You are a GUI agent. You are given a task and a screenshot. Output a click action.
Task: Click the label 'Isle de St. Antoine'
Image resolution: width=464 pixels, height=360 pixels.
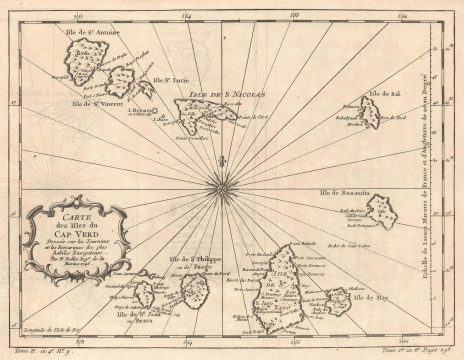(92, 33)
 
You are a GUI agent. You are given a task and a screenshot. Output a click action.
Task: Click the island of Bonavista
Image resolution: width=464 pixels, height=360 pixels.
(382, 211)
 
